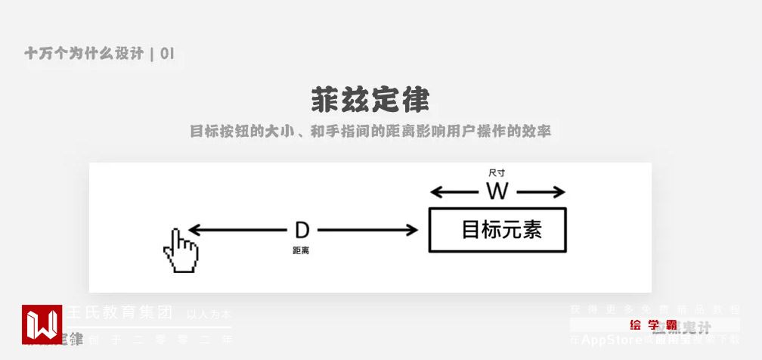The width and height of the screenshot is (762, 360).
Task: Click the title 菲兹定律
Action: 370,100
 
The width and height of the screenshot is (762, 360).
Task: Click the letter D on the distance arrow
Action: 302,231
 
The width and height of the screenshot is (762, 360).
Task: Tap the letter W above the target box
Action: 497,191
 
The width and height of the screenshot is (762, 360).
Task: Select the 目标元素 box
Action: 497,230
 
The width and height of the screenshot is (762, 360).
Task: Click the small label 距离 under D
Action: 301,250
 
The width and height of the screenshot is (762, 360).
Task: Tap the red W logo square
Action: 42,324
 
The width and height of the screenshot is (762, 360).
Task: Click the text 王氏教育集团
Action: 121,312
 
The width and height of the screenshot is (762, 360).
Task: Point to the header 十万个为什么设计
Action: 84,54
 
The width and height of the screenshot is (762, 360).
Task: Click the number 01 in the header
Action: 168,54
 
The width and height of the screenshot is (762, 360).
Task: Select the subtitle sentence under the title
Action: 370,131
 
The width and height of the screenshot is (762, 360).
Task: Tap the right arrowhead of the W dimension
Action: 559,192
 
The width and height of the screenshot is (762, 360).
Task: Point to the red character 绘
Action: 636,325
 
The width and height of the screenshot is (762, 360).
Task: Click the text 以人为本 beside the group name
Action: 209,314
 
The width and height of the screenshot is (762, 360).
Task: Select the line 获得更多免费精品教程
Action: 655,309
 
